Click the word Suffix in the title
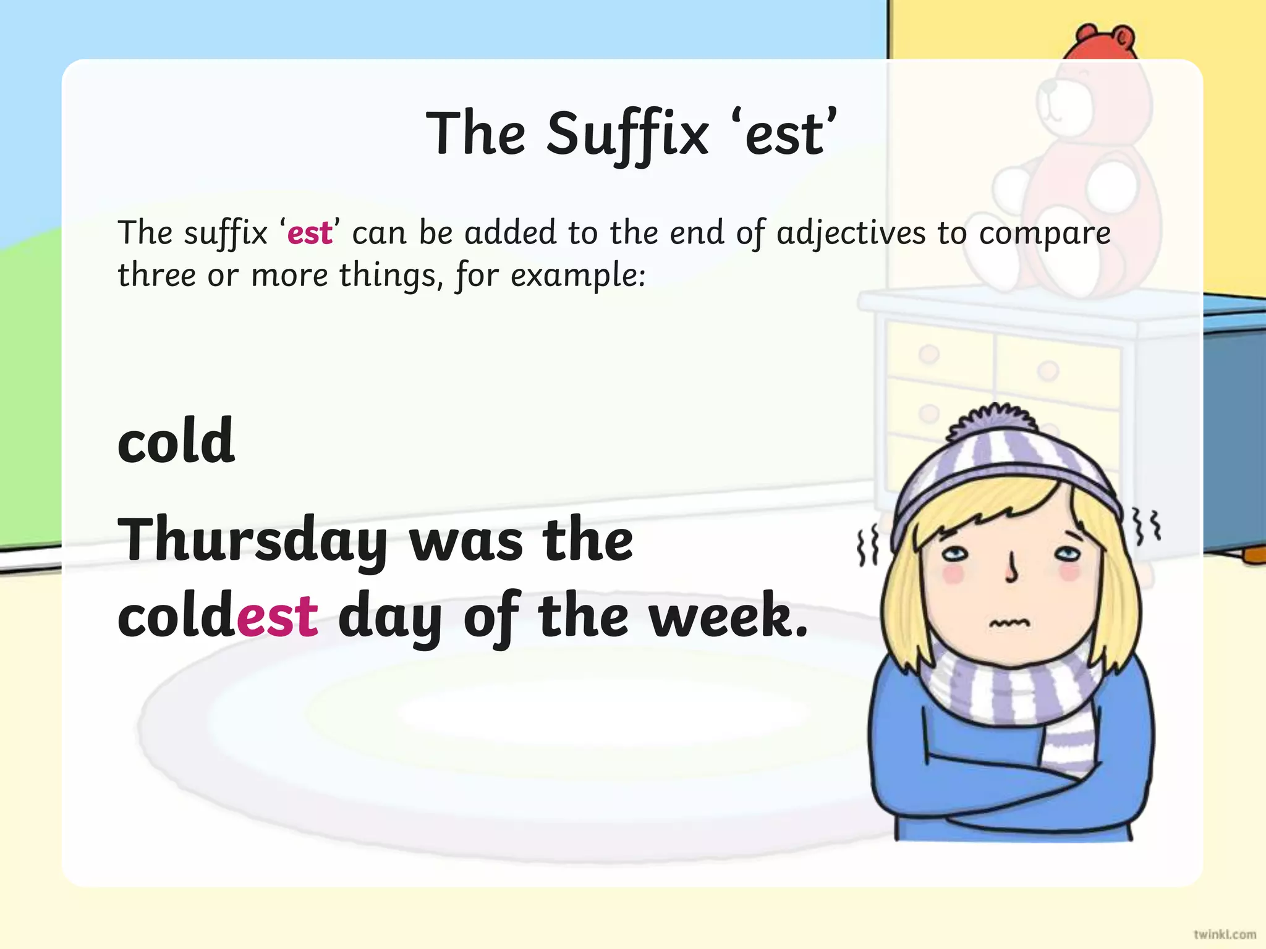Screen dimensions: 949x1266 627,135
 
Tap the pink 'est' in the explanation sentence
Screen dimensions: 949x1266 310,234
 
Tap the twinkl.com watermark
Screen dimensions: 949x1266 1225,934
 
